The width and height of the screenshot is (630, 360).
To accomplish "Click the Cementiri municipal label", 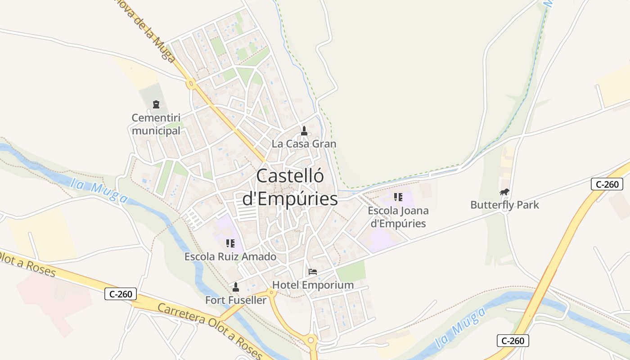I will (156, 124).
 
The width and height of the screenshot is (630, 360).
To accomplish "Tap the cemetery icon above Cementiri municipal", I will (156, 105).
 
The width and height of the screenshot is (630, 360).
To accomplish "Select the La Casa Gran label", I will (304, 144).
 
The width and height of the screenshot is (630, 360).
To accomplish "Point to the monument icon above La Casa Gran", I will (304, 131).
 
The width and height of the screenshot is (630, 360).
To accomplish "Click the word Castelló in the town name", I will (290, 176).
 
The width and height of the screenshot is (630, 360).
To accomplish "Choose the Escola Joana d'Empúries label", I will (398, 217).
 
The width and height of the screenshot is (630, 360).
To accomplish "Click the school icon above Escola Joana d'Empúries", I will (398, 197).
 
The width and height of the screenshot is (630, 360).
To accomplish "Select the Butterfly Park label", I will (504, 205).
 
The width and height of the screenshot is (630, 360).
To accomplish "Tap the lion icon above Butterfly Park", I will (504, 192).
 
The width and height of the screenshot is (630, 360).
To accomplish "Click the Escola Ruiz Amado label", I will (230, 257).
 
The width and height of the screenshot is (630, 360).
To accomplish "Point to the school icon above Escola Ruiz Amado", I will (230, 243).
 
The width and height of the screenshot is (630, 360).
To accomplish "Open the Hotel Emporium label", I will (313, 285).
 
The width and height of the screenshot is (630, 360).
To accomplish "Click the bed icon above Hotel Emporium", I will (313, 272).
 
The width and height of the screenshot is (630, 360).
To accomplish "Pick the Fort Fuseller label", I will (236, 300).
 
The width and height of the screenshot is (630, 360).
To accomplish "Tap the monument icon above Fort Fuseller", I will (235, 287).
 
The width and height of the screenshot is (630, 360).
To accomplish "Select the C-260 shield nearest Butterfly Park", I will (607, 184).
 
